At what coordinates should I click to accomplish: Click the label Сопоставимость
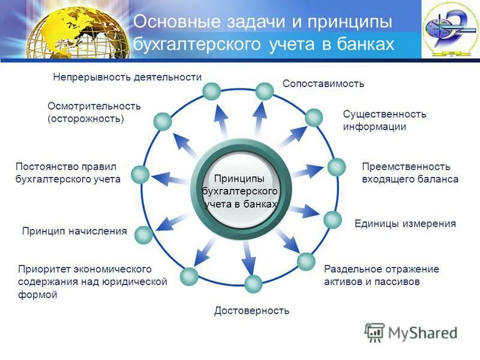[x=323, y=84]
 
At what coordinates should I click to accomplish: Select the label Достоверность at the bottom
[x=251, y=310]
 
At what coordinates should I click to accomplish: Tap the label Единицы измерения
[x=405, y=224]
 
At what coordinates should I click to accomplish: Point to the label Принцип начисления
[x=74, y=231]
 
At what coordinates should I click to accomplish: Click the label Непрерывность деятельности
[x=127, y=77]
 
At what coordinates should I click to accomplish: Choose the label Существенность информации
[x=384, y=120]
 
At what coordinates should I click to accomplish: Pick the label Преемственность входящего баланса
[x=410, y=173]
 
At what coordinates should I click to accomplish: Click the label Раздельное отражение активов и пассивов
[x=381, y=275]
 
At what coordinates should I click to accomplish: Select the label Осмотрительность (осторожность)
[x=94, y=112]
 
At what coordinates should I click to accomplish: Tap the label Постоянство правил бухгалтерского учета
[x=68, y=172]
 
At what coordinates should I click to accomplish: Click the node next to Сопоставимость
[x=264, y=91]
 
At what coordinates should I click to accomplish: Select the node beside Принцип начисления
[x=143, y=235]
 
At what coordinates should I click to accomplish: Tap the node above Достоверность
[x=253, y=283]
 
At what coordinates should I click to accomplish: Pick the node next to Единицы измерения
[x=332, y=220]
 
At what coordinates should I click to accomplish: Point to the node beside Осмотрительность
[x=163, y=122]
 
